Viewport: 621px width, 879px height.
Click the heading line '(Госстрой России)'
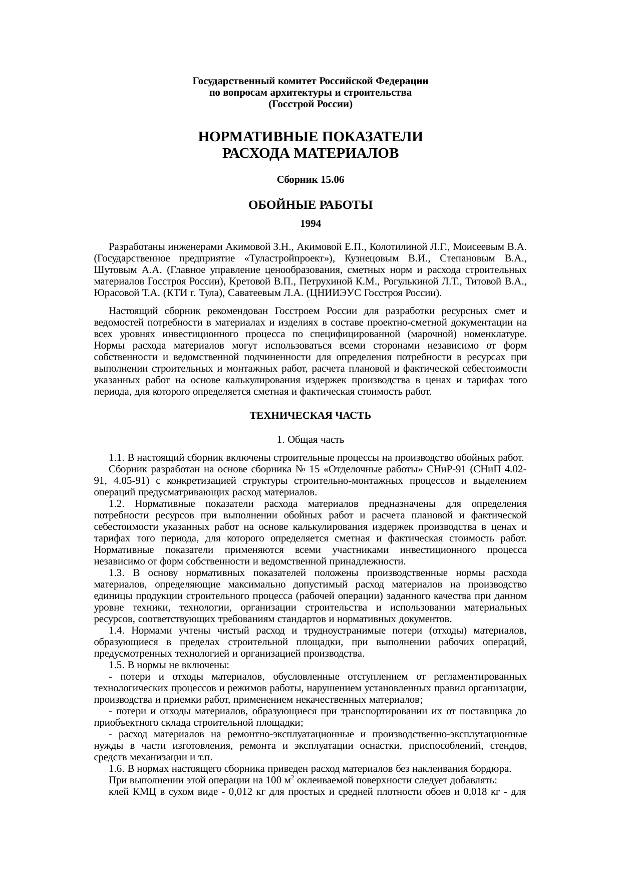click(310, 104)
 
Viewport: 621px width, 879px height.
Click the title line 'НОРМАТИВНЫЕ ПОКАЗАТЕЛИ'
click(310, 137)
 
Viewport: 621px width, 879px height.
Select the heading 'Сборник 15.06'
click(310, 179)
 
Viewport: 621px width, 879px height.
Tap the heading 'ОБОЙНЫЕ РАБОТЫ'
click(310, 205)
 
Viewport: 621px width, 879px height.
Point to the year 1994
click(310, 224)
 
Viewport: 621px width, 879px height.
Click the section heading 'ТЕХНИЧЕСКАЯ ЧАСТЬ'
click(310, 416)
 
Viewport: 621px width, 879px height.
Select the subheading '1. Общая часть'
click(310, 440)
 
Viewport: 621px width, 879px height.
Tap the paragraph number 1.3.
click(116, 573)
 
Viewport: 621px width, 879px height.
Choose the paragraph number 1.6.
click(116, 769)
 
